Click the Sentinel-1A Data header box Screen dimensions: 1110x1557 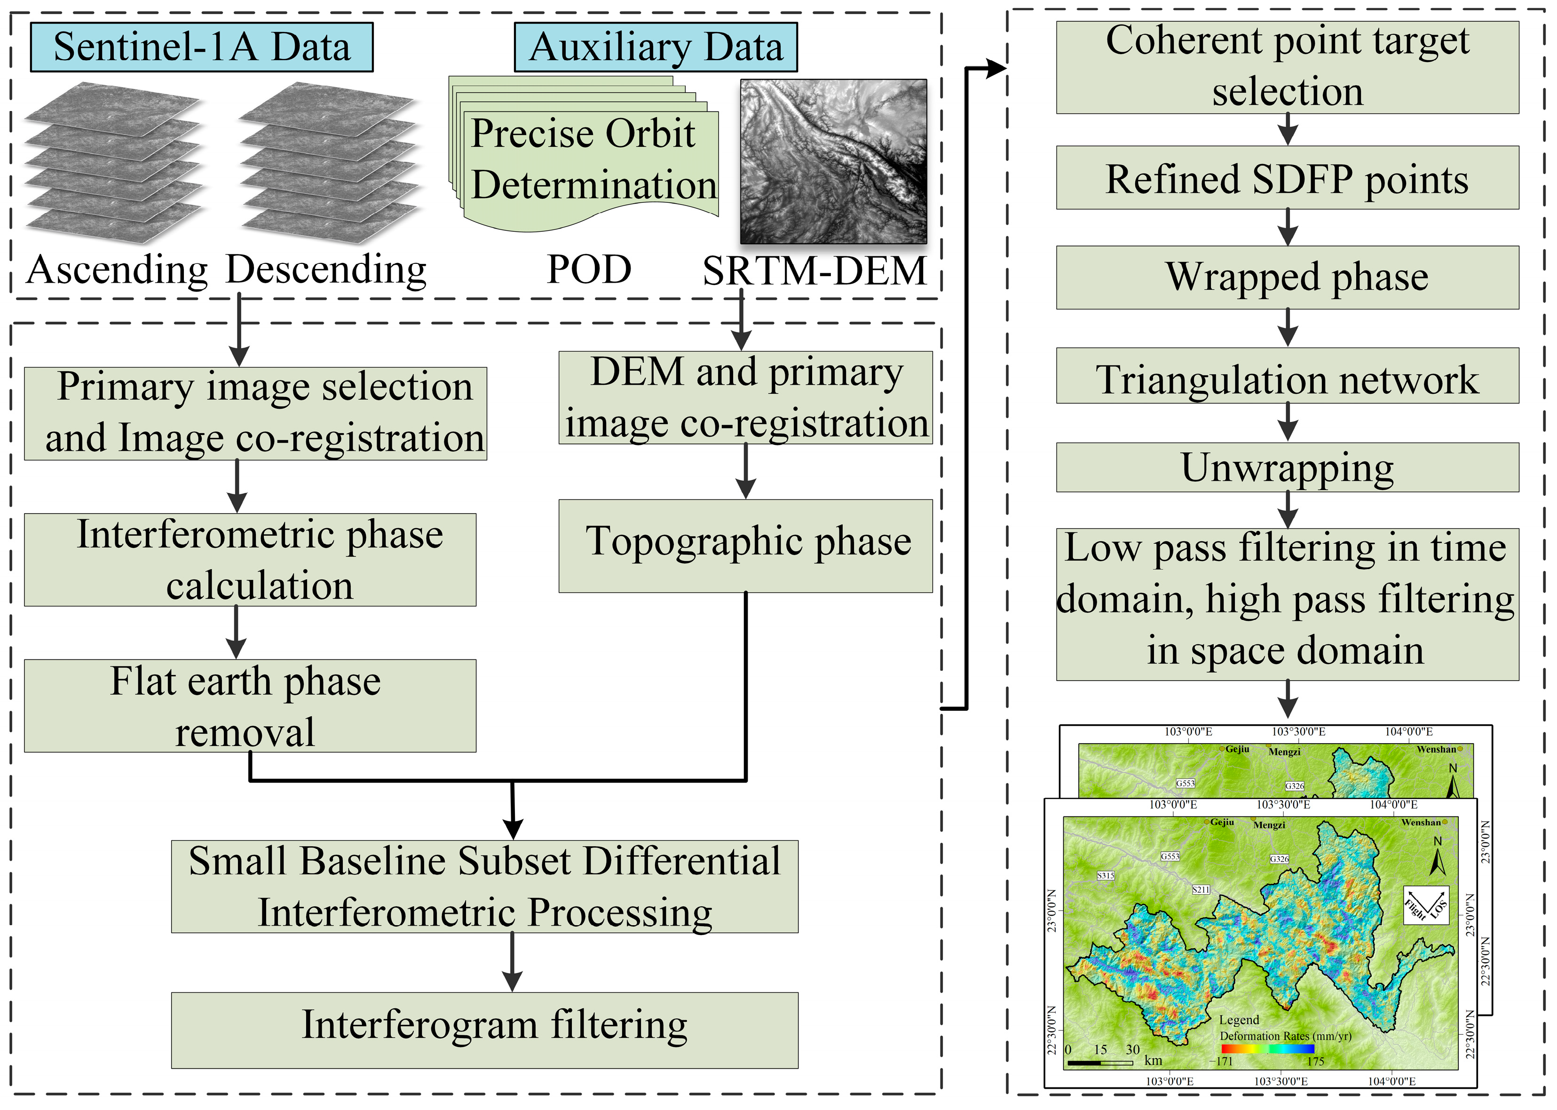click(202, 47)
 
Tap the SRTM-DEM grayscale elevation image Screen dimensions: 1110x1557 click(833, 161)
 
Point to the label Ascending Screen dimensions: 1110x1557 click(117, 270)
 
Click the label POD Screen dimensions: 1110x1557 click(589, 270)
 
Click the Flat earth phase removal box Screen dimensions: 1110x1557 click(250, 706)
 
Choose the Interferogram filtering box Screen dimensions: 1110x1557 click(484, 1030)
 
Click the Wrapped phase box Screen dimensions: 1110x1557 click(1287, 277)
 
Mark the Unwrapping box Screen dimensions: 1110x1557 click(1287, 467)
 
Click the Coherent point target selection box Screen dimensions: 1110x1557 click(1287, 67)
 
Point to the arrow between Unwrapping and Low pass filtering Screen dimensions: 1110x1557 click(1287, 509)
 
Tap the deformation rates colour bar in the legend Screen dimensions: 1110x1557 click(1267, 1048)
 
